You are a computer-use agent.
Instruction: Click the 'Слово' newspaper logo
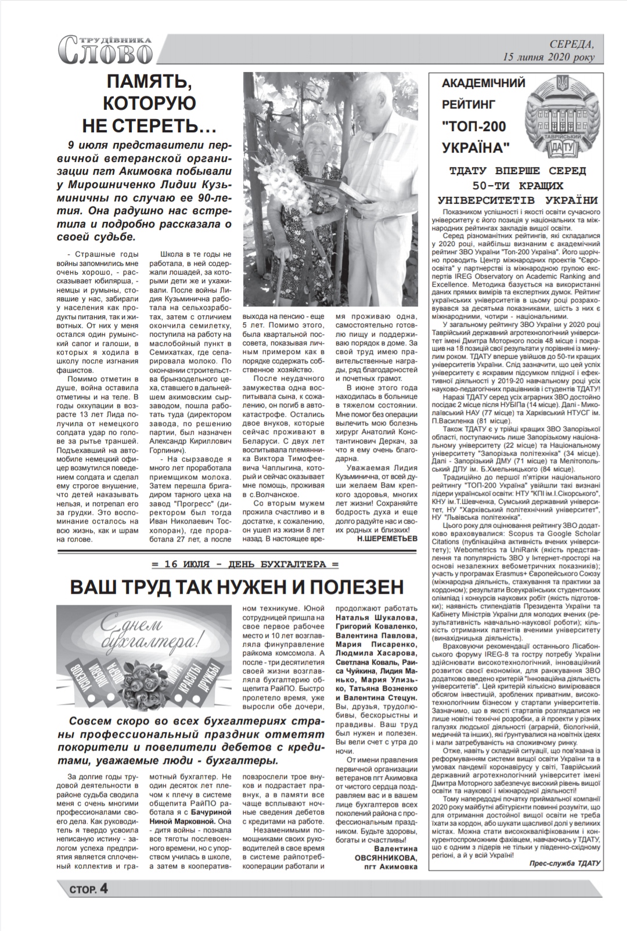(x=106, y=50)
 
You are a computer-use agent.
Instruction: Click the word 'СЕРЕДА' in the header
(x=572, y=45)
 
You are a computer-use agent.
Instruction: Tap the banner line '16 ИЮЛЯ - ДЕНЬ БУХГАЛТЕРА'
(x=244, y=564)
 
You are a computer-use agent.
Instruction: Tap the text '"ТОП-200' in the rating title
(x=473, y=126)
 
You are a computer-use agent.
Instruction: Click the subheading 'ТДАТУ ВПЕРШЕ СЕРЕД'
(x=518, y=172)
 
